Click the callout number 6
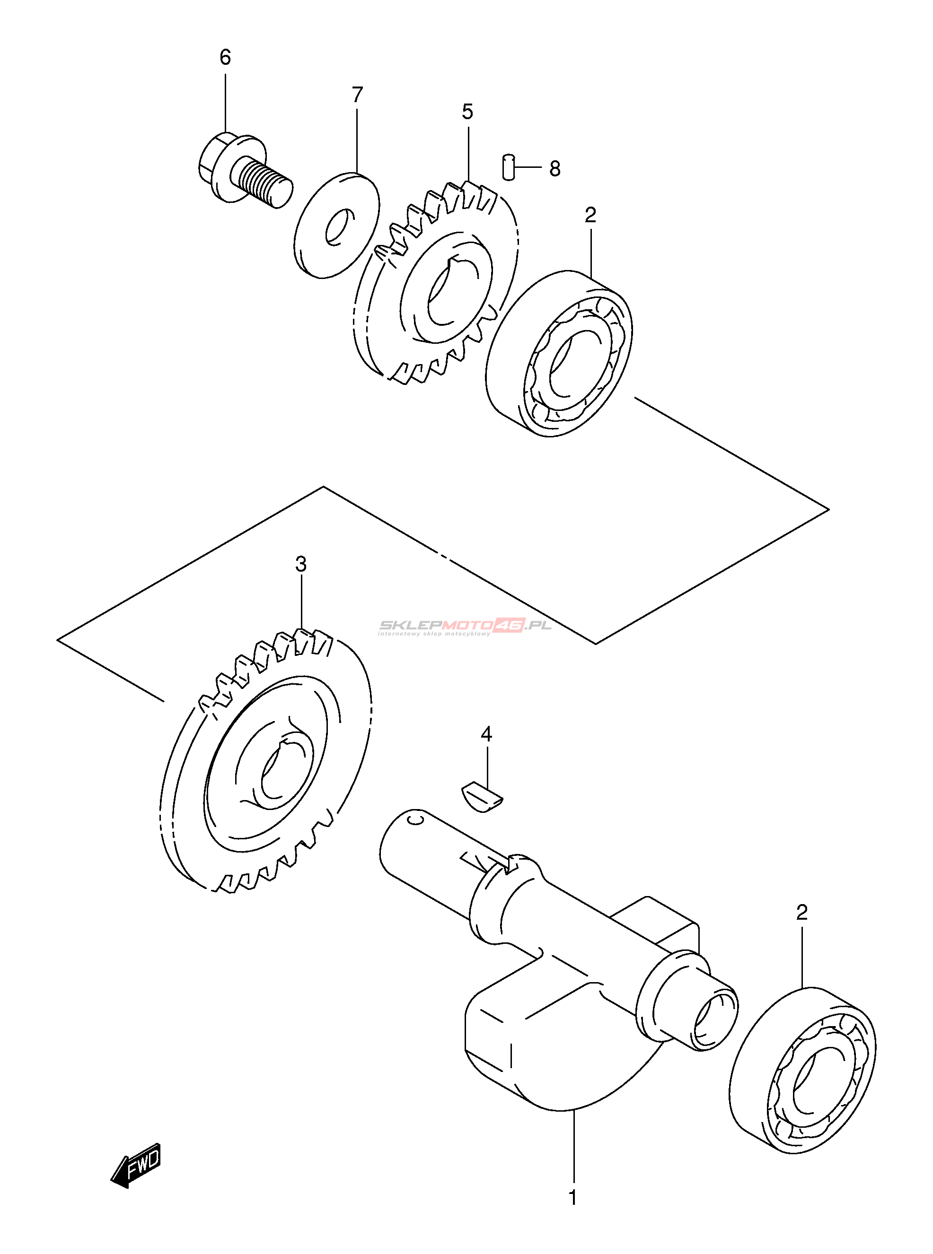[x=225, y=58]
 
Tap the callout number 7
[x=357, y=95]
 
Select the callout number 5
[x=467, y=112]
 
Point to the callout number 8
[x=555, y=169]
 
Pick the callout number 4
[x=486, y=734]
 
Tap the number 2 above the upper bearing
[x=590, y=215]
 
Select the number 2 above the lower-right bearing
[x=802, y=913]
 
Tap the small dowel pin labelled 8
[x=508, y=166]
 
